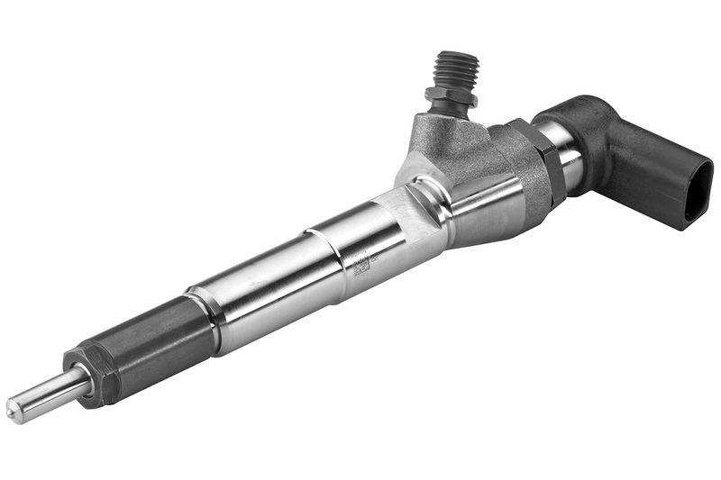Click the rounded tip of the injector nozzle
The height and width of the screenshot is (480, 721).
tap(14, 411)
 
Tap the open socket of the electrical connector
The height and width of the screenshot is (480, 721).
tap(698, 188)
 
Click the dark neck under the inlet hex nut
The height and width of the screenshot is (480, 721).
tap(449, 110)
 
